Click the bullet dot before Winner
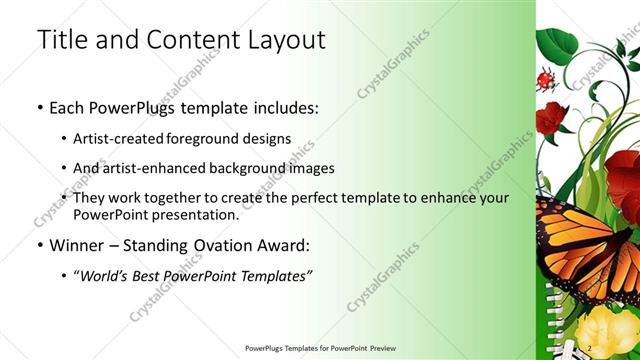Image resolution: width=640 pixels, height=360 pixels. pos(38,245)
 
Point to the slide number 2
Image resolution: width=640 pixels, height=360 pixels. pos(589,347)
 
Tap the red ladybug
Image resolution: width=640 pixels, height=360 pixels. pos(546,79)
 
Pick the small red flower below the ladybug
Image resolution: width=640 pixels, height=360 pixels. pos(551,119)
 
